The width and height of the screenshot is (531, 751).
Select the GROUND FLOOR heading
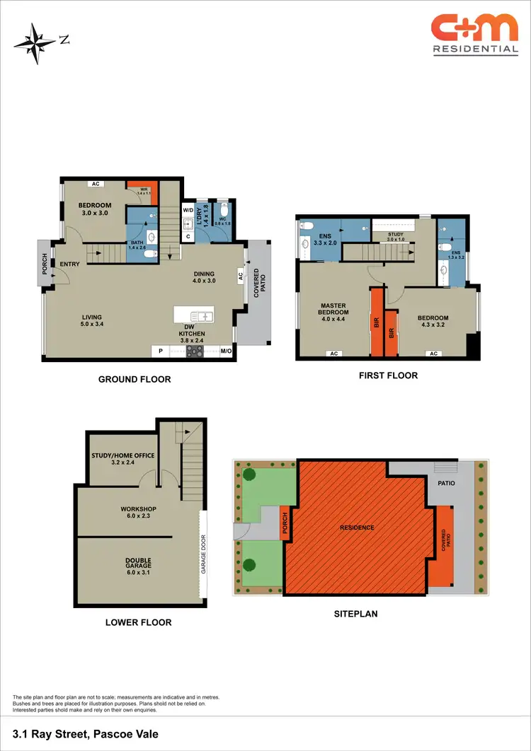[x=134, y=380]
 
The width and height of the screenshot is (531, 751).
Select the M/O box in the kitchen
[x=227, y=351]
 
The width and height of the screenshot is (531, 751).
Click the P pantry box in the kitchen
[x=161, y=351]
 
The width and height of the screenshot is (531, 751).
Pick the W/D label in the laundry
[x=188, y=210]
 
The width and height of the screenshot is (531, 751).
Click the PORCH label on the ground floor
[x=44, y=262]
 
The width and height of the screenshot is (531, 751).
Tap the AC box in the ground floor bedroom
[x=94, y=184]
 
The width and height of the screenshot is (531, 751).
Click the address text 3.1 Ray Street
[x=85, y=734]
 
